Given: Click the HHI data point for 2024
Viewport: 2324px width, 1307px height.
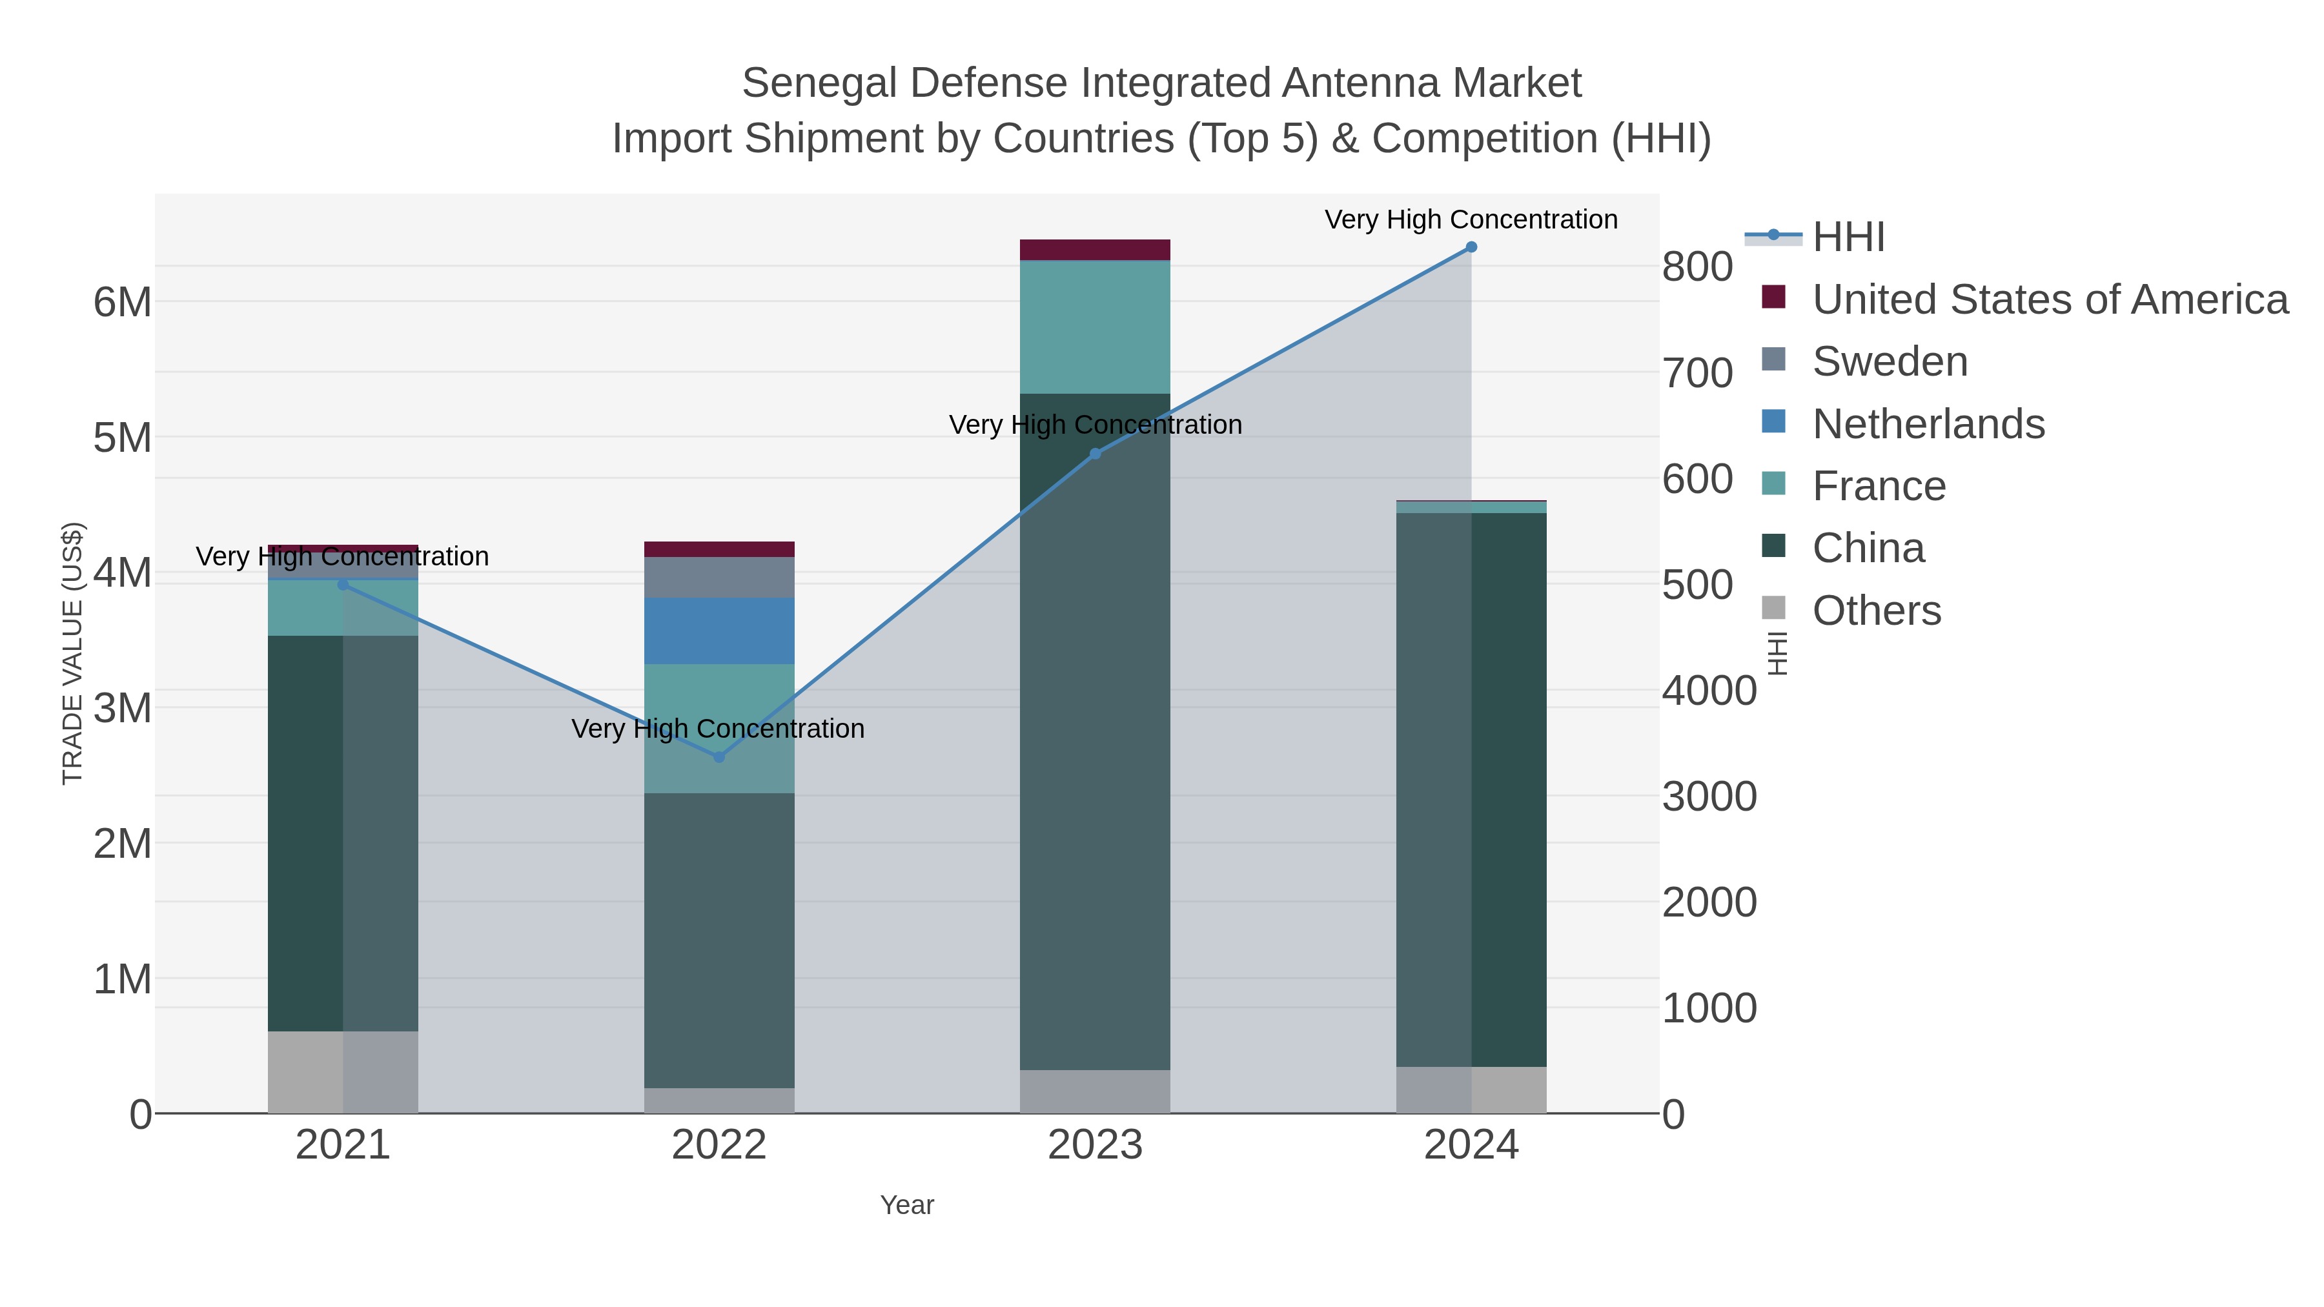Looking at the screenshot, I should click(1471, 247).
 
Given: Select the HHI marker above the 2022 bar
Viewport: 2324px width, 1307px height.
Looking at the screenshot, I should click(719, 757).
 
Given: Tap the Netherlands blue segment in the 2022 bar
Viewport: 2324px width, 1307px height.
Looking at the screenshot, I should click(719, 631).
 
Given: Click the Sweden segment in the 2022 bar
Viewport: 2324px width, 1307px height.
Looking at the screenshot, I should click(719, 577).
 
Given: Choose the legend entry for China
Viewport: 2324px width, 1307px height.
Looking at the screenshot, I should click(1868, 549).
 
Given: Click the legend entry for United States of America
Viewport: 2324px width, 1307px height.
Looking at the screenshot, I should click(2048, 299).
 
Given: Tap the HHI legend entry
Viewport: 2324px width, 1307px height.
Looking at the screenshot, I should click(1848, 238).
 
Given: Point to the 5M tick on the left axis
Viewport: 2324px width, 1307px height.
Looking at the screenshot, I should click(122, 438).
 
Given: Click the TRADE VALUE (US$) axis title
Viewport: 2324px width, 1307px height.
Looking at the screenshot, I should click(72, 653).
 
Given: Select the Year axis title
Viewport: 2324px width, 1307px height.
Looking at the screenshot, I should click(907, 1205).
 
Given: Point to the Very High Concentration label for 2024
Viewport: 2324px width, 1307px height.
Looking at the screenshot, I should click(1471, 219).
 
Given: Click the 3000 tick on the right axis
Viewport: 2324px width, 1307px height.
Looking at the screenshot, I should click(1709, 796).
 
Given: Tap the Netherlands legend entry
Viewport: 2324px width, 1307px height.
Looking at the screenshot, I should click(1928, 424).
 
